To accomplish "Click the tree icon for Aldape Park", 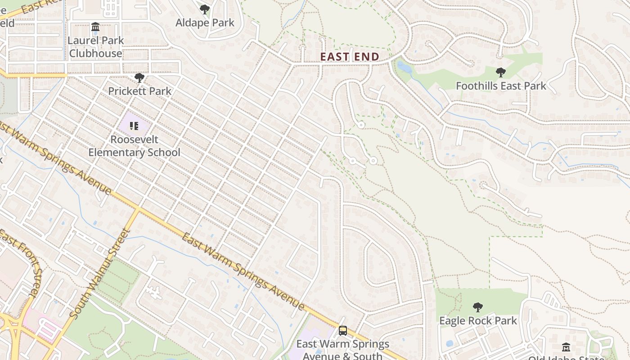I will [x=205, y=9].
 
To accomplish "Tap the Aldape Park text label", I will [x=205, y=22].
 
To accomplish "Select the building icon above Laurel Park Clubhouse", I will [x=95, y=27].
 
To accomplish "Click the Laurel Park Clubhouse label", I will [x=95, y=47].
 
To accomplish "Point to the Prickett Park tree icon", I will [x=139, y=78].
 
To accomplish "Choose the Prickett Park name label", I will [x=139, y=91].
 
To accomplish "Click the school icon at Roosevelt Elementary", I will [x=134, y=126].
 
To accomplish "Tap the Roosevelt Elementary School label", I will [x=134, y=146].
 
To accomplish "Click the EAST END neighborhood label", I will [x=350, y=57].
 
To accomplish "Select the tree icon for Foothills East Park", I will [x=500, y=72].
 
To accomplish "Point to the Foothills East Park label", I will [x=501, y=85].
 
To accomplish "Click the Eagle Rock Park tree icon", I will [x=478, y=307].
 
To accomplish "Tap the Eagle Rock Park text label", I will [x=478, y=321].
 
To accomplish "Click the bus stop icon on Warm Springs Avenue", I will [x=343, y=331].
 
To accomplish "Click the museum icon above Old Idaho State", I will [x=566, y=347].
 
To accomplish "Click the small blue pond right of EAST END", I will [x=403, y=67].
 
